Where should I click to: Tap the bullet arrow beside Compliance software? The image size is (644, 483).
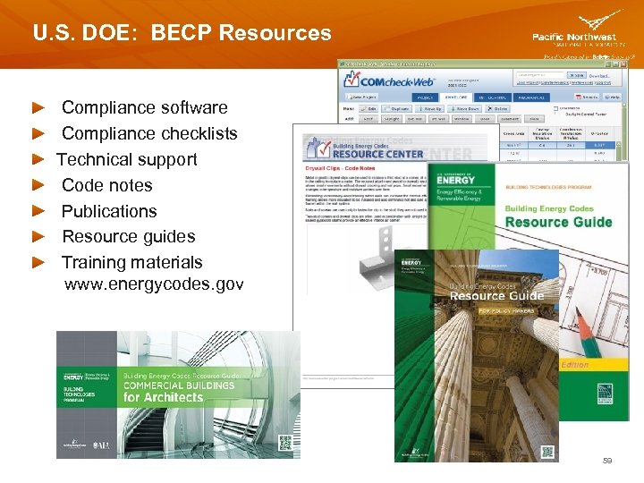(x=38, y=107)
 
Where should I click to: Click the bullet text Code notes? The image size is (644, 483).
(x=106, y=185)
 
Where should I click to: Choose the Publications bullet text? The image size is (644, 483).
(x=109, y=211)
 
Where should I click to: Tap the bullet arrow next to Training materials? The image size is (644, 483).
(x=38, y=263)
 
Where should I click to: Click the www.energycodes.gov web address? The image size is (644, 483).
(x=154, y=284)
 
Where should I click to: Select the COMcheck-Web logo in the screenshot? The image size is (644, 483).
(x=388, y=79)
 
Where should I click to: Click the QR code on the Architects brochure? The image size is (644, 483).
(x=284, y=443)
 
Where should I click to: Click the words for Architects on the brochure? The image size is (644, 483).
(x=164, y=397)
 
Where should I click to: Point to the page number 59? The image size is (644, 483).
(x=607, y=460)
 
